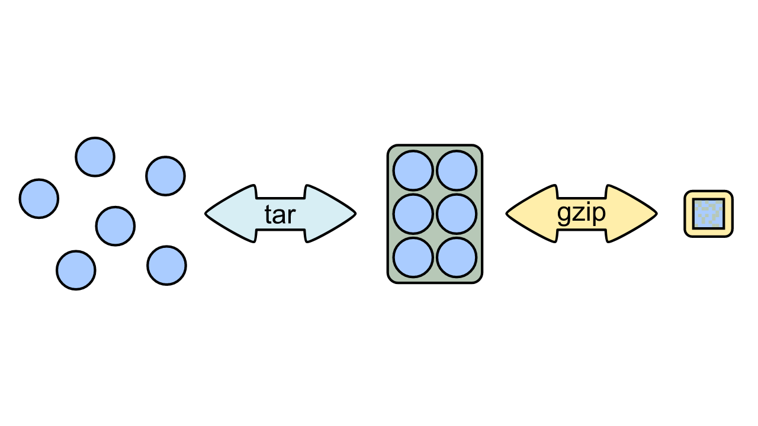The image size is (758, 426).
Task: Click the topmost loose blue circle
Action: coord(95,157)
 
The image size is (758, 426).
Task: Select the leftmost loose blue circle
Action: coord(39,198)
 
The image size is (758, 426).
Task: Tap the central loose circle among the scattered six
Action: coord(115,225)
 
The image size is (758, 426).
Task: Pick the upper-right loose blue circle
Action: coord(165,176)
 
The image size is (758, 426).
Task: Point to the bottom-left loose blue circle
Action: coord(76,270)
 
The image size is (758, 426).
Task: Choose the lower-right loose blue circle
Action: coord(166,266)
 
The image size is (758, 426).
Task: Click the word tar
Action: coord(280,215)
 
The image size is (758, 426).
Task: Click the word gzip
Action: coord(582,214)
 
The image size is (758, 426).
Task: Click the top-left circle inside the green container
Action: coord(413,170)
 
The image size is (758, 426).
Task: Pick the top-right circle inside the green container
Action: coord(457,170)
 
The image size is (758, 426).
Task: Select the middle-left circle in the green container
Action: coord(413,214)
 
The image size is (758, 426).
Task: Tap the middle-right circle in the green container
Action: coord(457,214)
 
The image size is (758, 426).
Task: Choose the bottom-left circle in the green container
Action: coord(413,257)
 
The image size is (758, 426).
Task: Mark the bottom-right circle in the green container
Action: coord(457,257)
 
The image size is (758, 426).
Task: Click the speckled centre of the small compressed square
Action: coord(709,214)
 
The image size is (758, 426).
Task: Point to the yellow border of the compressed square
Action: coord(709,194)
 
